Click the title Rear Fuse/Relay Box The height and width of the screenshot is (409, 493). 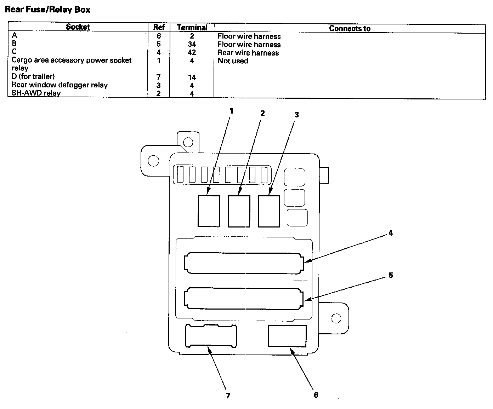pos(47,10)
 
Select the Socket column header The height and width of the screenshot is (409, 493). pos(78,27)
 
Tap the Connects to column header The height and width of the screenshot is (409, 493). pos(350,29)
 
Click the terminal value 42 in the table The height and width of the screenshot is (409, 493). pos(192,52)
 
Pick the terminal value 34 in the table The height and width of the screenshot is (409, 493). pos(192,44)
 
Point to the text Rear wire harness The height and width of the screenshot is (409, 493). pos(248,53)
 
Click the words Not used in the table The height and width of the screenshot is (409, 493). pos(233,61)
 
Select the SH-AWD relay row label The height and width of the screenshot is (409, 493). pos(36,93)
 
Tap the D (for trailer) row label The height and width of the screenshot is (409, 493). pos(33,76)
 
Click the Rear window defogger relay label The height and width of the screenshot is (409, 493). pos(59,85)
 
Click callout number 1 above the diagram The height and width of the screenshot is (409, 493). pos(231,111)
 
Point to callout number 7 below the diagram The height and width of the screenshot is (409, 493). pos(228,396)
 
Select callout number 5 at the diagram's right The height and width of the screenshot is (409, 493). pos(391,275)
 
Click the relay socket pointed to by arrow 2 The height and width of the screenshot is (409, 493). pos(239,211)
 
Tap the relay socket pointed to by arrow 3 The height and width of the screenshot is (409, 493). pos(269,211)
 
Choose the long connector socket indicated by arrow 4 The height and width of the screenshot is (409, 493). pos(244,263)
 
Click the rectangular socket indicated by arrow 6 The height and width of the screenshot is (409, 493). pos(287,336)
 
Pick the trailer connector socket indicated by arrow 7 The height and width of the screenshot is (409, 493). pos(211,336)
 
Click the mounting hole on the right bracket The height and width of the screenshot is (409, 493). pos(336,318)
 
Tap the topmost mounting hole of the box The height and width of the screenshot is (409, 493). pos(188,143)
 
